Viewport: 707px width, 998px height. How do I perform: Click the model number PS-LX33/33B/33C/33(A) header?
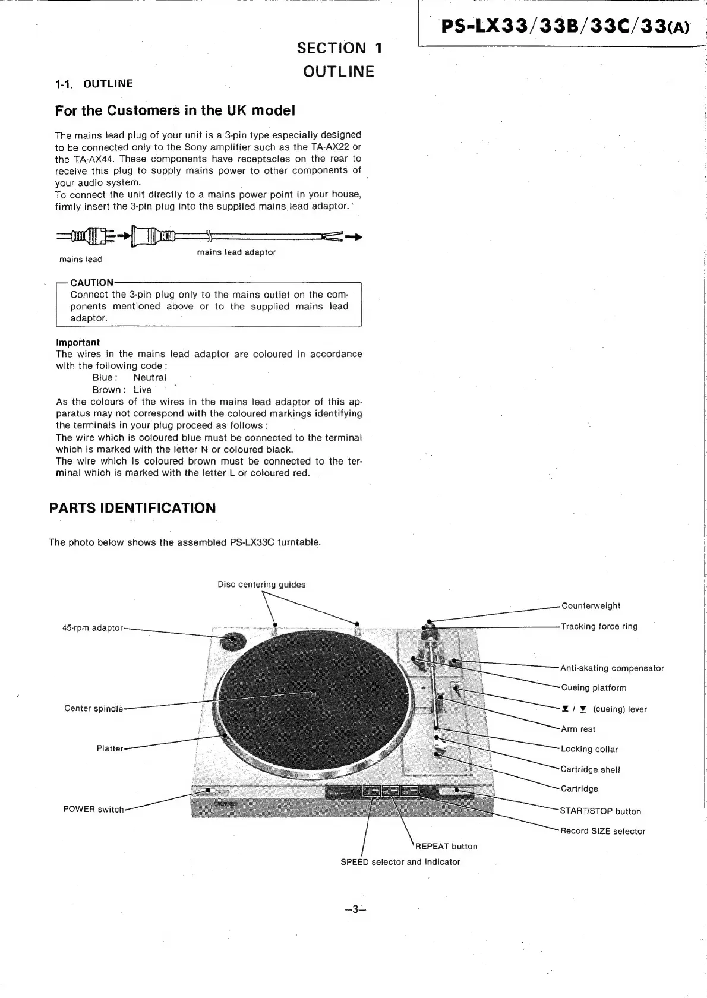tap(565, 27)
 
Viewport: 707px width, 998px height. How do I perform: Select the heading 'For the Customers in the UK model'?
tap(175, 111)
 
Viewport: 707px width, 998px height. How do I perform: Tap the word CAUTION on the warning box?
tap(91, 283)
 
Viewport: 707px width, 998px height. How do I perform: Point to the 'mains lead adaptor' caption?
tap(236, 252)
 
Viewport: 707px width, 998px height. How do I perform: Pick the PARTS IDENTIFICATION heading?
tap(132, 508)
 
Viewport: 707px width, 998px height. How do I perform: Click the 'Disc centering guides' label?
tap(261, 585)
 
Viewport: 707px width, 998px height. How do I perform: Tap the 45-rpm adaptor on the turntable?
tap(230, 641)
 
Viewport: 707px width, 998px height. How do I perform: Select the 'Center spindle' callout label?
tap(93, 709)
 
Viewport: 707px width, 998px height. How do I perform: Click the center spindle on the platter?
tap(313, 692)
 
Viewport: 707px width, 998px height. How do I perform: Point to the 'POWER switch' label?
tap(93, 809)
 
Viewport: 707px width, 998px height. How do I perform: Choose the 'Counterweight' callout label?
tap(591, 606)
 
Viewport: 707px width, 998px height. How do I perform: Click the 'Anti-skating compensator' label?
tap(612, 668)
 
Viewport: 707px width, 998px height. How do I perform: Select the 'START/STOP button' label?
tap(601, 811)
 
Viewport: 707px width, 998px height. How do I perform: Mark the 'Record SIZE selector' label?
tap(602, 832)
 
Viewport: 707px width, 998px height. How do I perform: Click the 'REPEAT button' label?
tap(446, 847)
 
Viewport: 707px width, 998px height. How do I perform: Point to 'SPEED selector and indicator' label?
tap(400, 862)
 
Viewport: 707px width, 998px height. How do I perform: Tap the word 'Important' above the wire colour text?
tap(78, 342)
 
